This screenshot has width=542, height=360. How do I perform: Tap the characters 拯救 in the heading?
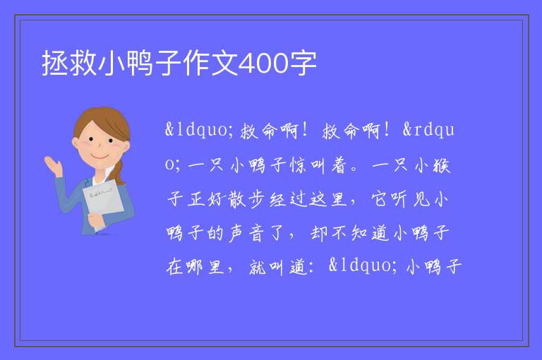(x=69, y=64)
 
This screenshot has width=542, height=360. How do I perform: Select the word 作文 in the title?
(x=210, y=64)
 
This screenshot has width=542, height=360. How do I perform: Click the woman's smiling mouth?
(x=100, y=157)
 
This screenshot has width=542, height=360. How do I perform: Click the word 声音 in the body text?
(x=246, y=234)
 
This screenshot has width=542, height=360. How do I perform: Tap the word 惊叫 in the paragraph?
(x=308, y=165)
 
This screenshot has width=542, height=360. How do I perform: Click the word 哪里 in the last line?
(x=206, y=268)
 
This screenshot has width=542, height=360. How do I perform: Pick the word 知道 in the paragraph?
(x=371, y=234)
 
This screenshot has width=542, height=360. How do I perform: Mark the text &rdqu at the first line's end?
(x=428, y=131)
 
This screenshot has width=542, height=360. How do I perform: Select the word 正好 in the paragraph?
(x=206, y=200)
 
